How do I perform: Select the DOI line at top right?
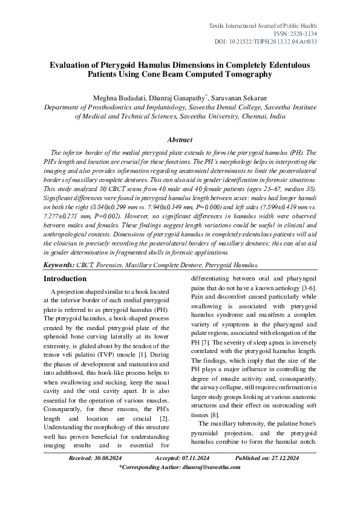(x=283, y=43)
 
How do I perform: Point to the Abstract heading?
(x=179, y=140)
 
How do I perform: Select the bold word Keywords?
(x=59, y=265)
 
